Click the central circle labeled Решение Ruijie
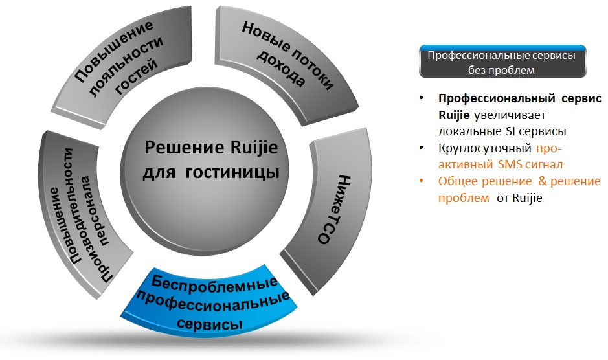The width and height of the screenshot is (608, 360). click(205, 174)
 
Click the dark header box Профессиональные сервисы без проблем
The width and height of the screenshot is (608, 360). click(502, 62)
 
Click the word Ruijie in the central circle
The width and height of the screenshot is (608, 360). click(254, 148)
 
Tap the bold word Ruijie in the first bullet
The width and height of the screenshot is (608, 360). click(454, 115)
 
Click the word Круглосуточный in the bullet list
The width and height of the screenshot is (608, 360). click(485, 148)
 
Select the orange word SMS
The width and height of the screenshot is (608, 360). click(510, 164)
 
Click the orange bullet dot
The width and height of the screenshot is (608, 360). click(422, 181)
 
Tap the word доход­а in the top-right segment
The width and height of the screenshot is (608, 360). click(281, 68)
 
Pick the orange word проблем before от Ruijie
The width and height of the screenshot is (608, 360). click(464, 198)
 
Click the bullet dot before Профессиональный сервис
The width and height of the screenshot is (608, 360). click(422, 98)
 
